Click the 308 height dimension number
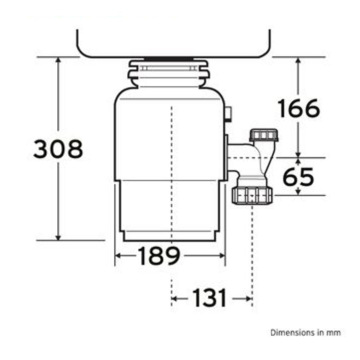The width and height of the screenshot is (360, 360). point(58,149)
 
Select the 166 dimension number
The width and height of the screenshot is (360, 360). point(299,108)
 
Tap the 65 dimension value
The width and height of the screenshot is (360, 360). point(298,176)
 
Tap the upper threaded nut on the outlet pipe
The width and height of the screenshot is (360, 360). point(264,135)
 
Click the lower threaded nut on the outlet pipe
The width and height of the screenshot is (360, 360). point(252,195)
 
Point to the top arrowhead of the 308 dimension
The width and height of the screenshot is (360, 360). point(58,60)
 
